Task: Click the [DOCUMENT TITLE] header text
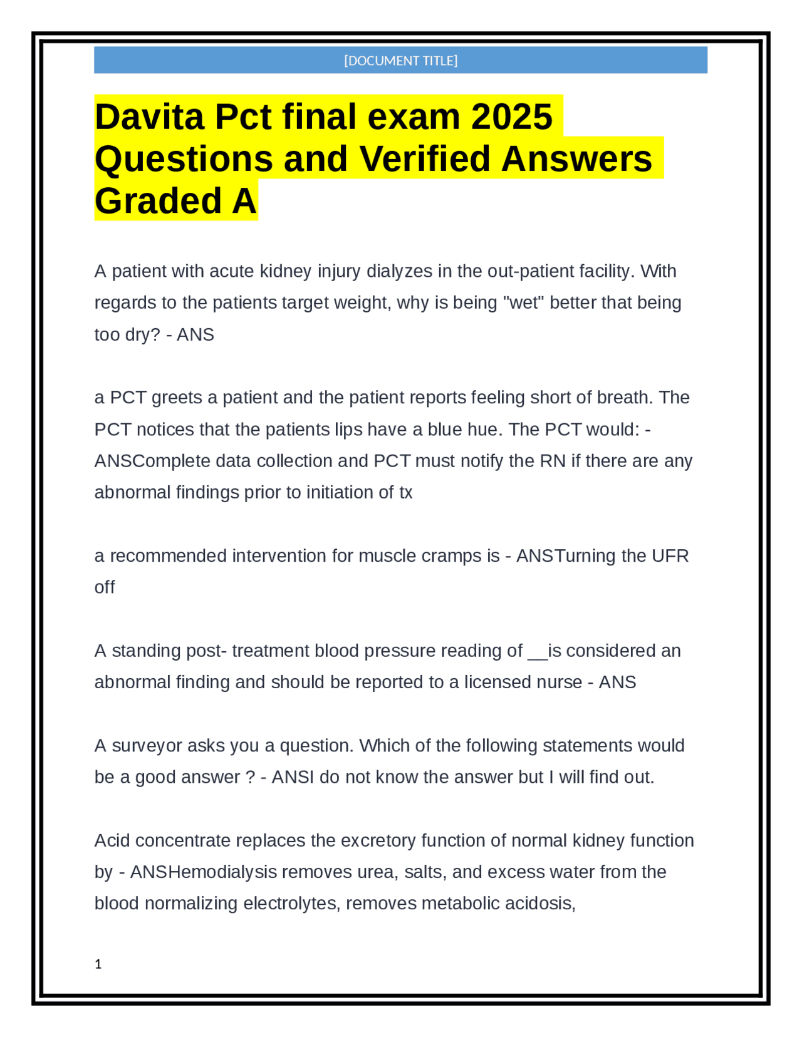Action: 400,61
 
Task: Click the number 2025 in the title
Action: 512,117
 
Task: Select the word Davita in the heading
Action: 149,117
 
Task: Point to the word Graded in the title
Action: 159,201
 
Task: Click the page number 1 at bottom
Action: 98,964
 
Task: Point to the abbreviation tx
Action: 405,492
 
